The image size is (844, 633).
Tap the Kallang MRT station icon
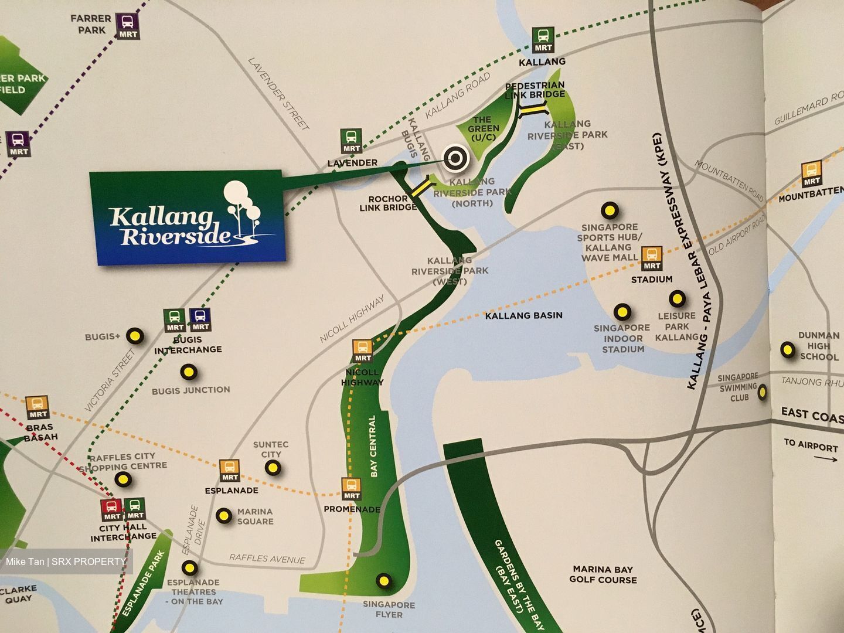[x=543, y=40]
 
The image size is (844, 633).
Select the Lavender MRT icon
[x=352, y=141]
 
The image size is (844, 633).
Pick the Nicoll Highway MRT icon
[x=363, y=350]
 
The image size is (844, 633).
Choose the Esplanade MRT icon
[x=230, y=470]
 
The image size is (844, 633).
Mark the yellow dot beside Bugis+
[x=135, y=335]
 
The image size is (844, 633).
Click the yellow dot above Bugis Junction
[x=189, y=372]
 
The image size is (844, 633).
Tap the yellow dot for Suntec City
[x=273, y=467]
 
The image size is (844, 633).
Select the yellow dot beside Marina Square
[x=224, y=516]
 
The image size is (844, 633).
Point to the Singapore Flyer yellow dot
[x=383, y=580]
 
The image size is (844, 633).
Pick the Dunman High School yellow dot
[x=785, y=350]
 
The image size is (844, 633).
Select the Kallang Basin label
[x=523, y=315]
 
